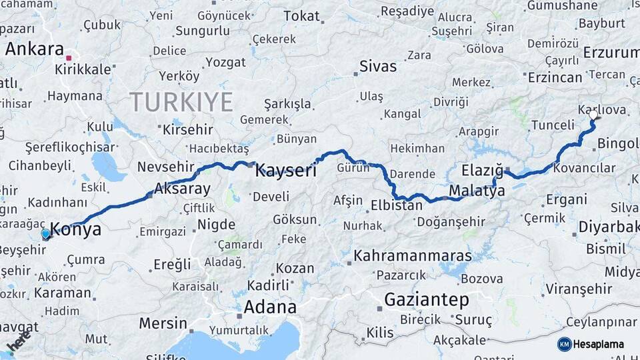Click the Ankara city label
click(x=34, y=49)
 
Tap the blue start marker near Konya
click(x=45, y=234)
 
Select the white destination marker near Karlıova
click(x=593, y=115)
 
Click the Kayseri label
click(x=286, y=171)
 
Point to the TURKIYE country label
click(x=181, y=102)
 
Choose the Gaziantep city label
click(x=427, y=300)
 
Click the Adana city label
click(x=269, y=307)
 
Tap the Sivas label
click(x=377, y=66)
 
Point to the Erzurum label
click(x=611, y=52)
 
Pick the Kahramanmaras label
click(x=413, y=255)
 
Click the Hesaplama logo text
click(x=599, y=344)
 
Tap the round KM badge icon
click(x=564, y=344)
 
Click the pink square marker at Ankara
click(x=69, y=58)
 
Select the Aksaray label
click(x=182, y=189)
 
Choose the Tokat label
click(x=301, y=16)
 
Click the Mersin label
click(x=163, y=323)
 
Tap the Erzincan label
click(x=555, y=77)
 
